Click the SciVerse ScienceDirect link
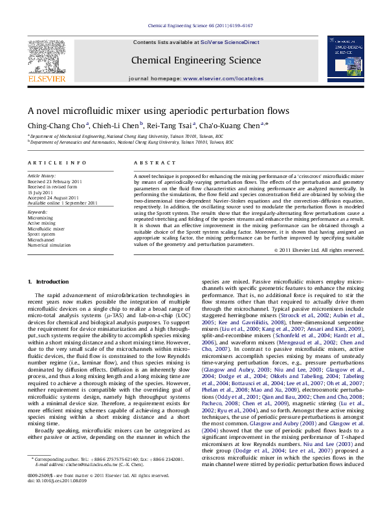tap(230, 42)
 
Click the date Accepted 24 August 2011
tap(52, 197)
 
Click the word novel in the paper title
tap(52, 111)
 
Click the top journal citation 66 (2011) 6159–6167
tap(220, 26)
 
